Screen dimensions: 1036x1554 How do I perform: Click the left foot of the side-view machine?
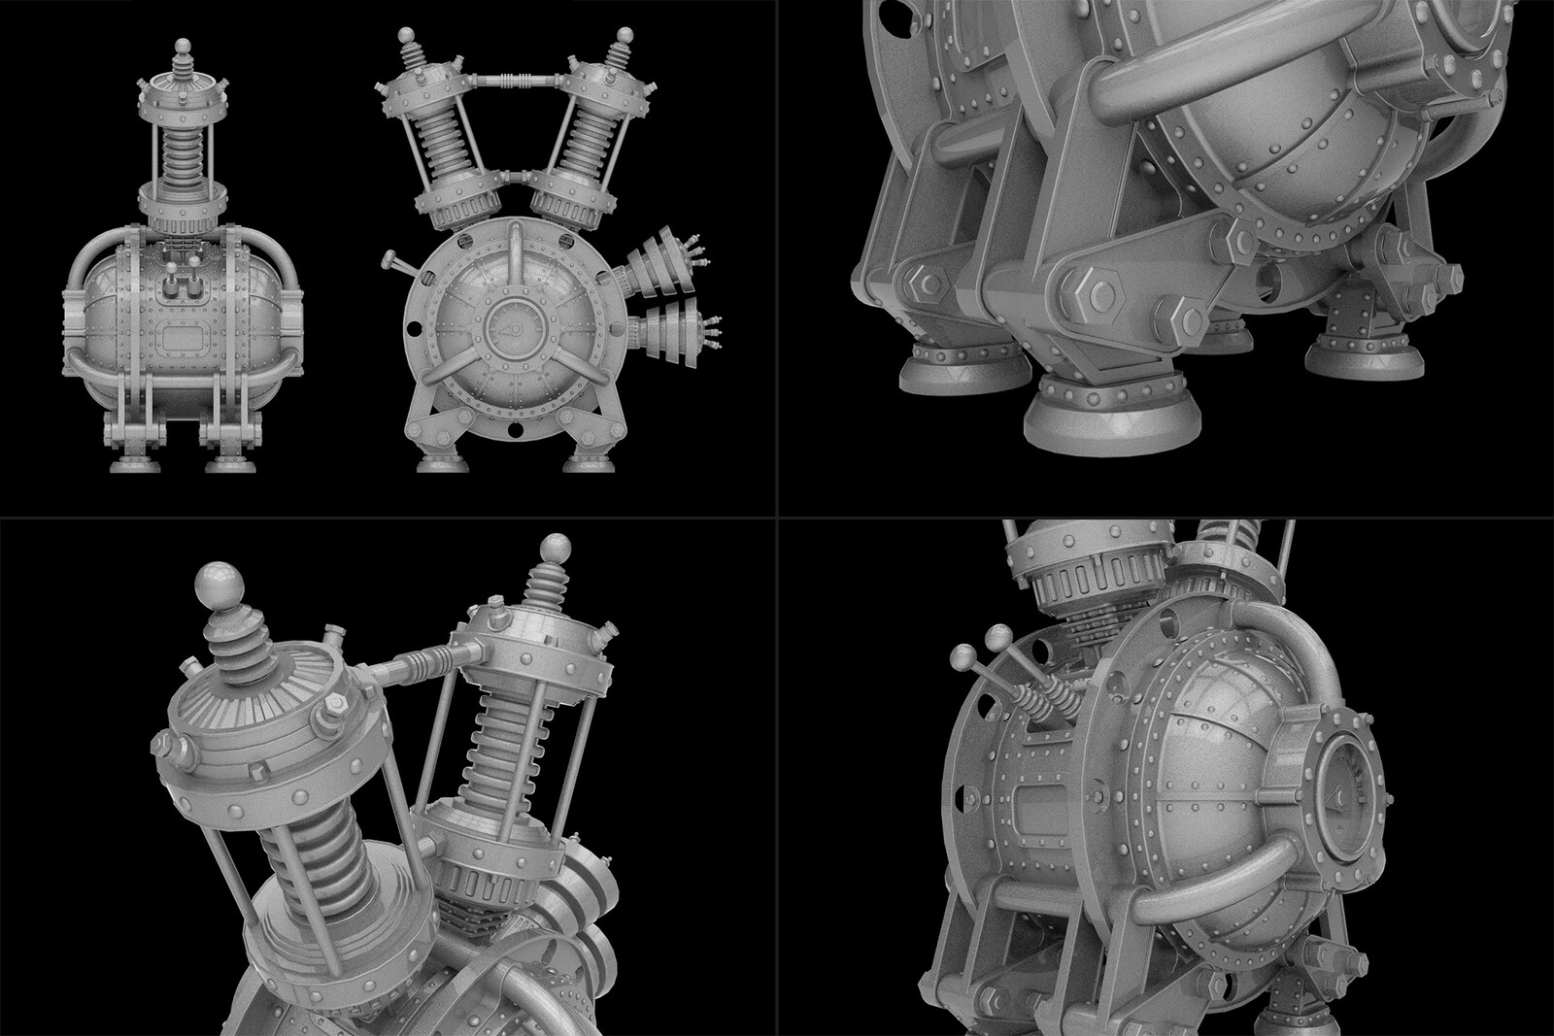[x=130, y=462]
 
